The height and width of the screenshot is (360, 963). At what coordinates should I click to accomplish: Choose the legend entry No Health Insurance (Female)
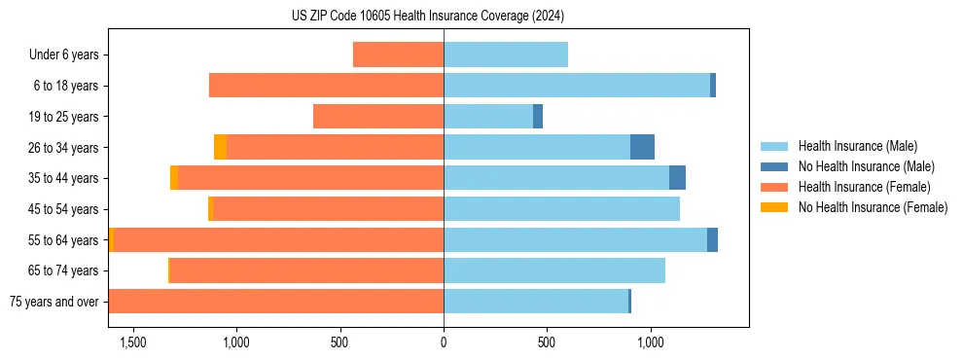tap(873, 207)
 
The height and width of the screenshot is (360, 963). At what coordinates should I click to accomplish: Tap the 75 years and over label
tap(53, 302)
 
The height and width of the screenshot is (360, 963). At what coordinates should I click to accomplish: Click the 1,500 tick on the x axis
tap(132, 342)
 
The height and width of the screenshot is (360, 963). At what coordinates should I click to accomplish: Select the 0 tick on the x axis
tap(444, 342)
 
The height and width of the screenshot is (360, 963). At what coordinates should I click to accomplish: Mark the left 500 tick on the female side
tap(339, 342)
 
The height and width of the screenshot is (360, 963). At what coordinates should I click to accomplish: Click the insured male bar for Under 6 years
tap(506, 54)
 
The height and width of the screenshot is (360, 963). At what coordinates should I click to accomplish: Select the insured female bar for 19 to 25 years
tap(378, 117)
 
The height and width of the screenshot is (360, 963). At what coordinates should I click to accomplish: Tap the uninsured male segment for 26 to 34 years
tap(642, 147)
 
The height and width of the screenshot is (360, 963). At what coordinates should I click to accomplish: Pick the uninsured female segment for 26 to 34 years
tap(221, 147)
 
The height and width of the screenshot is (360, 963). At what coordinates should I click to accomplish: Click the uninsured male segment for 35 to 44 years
tap(677, 178)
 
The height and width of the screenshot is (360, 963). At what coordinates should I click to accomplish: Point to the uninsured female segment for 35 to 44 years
tap(174, 178)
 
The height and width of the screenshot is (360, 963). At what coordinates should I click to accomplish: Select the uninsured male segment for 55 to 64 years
tap(712, 239)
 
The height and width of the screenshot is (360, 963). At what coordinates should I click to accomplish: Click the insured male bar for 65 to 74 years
tap(554, 270)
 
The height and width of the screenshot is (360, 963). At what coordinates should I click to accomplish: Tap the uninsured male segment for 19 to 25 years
tap(538, 117)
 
